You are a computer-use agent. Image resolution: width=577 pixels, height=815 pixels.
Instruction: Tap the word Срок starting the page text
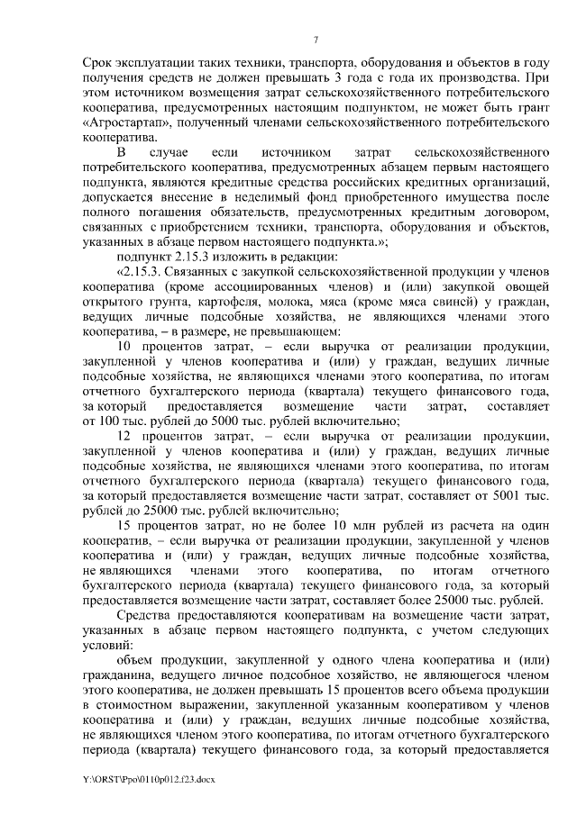click(x=97, y=65)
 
